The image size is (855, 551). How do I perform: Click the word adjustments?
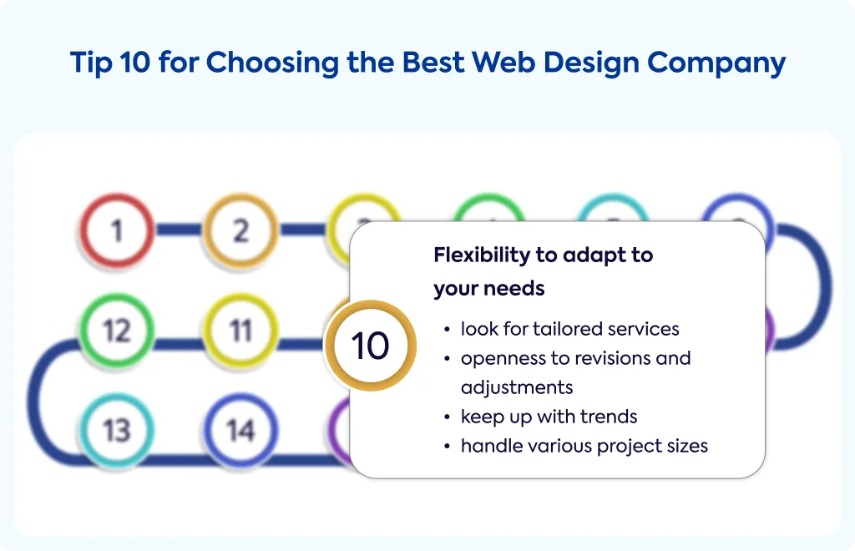point(516,387)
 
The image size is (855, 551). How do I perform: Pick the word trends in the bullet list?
point(610,417)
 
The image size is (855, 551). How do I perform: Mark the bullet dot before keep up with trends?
point(448,417)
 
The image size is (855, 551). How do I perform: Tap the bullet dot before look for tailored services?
point(448,330)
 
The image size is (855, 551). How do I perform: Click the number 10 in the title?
point(134,62)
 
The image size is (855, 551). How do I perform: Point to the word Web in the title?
point(503,62)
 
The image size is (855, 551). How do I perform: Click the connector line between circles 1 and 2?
point(179,230)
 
